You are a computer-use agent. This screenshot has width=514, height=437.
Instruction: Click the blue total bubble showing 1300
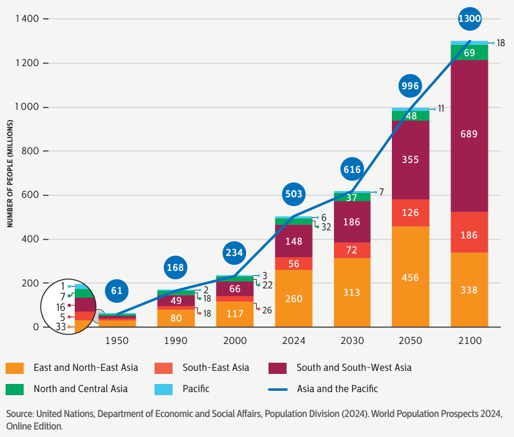[x=469, y=19]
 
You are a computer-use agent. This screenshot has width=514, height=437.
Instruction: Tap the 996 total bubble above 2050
[x=411, y=86]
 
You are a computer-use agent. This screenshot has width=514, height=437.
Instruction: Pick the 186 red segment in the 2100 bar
[x=469, y=235]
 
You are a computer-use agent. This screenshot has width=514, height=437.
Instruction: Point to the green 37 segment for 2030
[x=352, y=197]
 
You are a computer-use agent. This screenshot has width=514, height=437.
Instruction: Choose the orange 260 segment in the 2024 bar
[x=293, y=298]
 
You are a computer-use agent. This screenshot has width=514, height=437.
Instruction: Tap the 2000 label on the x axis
[x=235, y=341]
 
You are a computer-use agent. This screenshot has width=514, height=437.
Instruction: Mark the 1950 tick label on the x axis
[x=117, y=341]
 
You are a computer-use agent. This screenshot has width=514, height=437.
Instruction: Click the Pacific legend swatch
[x=163, y=389]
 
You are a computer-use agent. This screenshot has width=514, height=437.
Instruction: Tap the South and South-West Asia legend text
[x=354, y=368]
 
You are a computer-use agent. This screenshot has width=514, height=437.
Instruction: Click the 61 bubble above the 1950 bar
[x=117, y=290]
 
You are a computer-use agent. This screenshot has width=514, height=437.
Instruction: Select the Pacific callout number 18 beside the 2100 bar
[x=501, y=43]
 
